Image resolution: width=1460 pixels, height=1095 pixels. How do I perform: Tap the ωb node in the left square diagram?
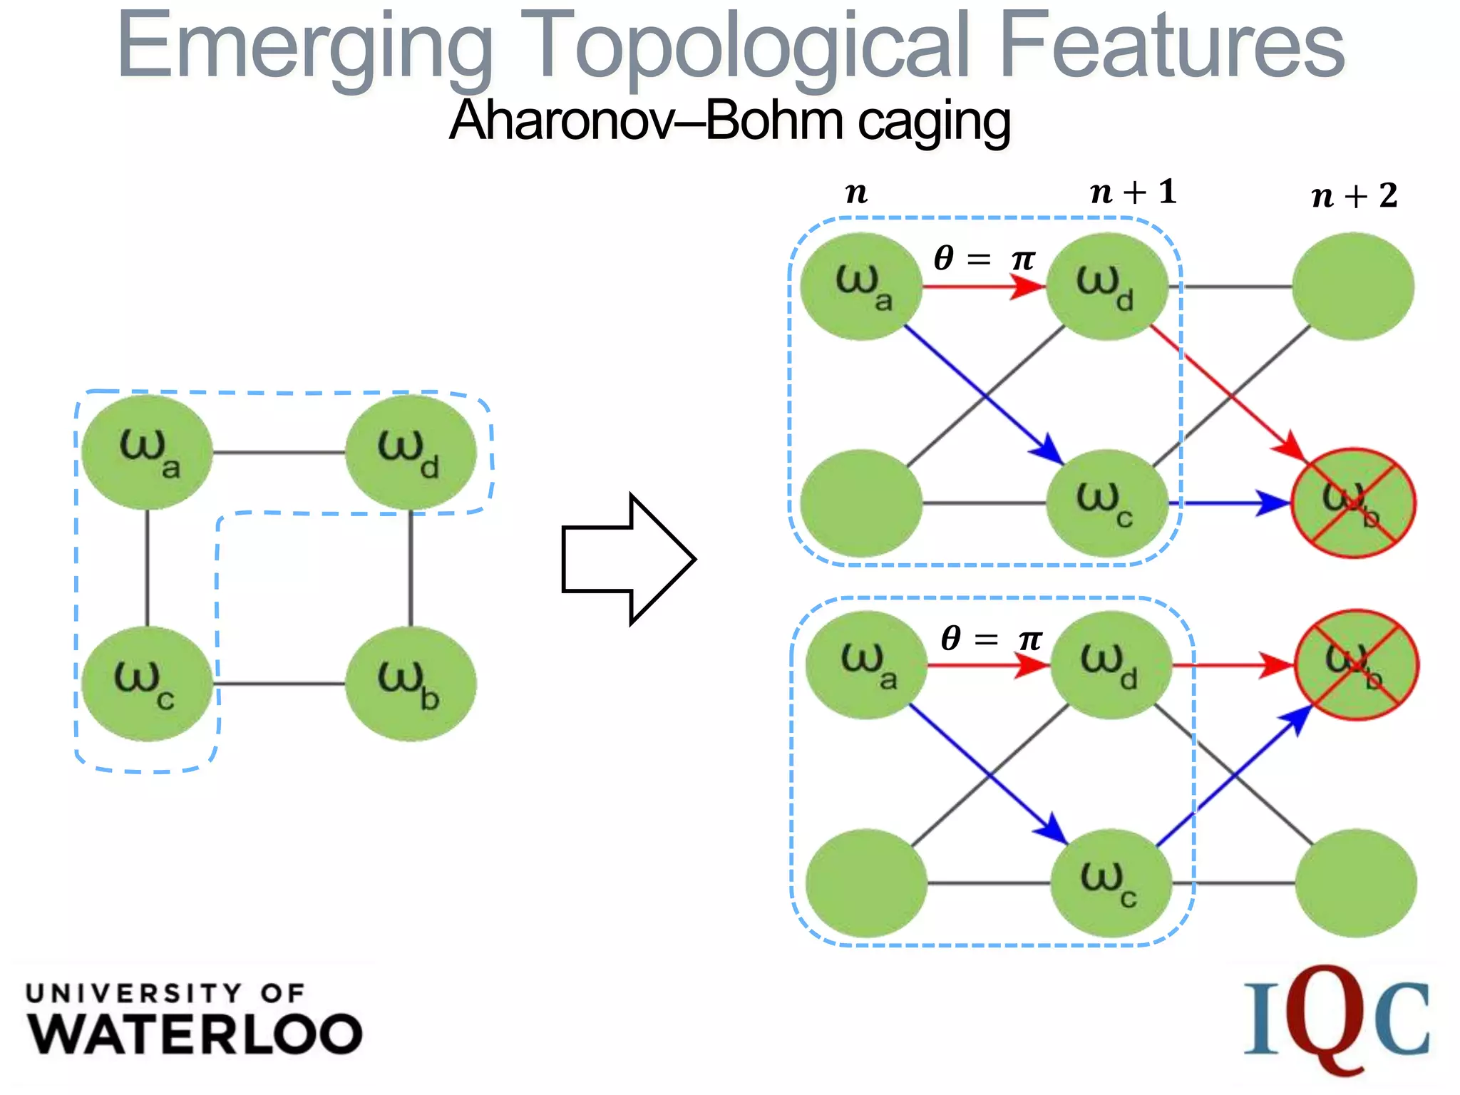(x=410, y=684)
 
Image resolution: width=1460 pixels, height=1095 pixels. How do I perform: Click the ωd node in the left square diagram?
(x=410, y=452)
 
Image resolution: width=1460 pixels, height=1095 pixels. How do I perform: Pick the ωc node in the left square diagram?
(x=147, y=684)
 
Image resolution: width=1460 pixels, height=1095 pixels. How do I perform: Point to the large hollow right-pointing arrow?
(x=628, y=559)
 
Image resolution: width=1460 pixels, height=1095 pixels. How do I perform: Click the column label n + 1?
(x=1133, y=192)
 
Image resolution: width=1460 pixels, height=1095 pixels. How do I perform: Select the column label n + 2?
(x=1354, y=196)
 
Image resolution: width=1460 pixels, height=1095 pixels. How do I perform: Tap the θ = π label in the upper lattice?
(x=983, y=258)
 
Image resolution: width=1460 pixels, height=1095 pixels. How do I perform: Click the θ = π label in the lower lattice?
(x=991, y=638)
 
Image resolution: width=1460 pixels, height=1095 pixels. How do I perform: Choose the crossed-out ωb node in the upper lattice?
(x=1354, y=503)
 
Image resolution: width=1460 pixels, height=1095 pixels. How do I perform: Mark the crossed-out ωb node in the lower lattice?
(x=1356, y=665)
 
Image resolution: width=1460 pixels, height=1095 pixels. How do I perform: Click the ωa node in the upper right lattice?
(x=861, y=287)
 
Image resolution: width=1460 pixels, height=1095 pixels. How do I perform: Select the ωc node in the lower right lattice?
(x=1111, y=883)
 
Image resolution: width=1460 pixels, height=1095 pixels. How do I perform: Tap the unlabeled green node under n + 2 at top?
(x=1352, y=287)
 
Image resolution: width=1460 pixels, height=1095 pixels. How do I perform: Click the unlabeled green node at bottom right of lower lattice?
(x=1355, y=883)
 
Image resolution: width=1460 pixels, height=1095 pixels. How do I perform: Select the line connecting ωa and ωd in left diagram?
(x=279, y=452)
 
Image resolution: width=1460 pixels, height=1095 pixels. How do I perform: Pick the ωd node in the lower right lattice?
(x=1111, y=664)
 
